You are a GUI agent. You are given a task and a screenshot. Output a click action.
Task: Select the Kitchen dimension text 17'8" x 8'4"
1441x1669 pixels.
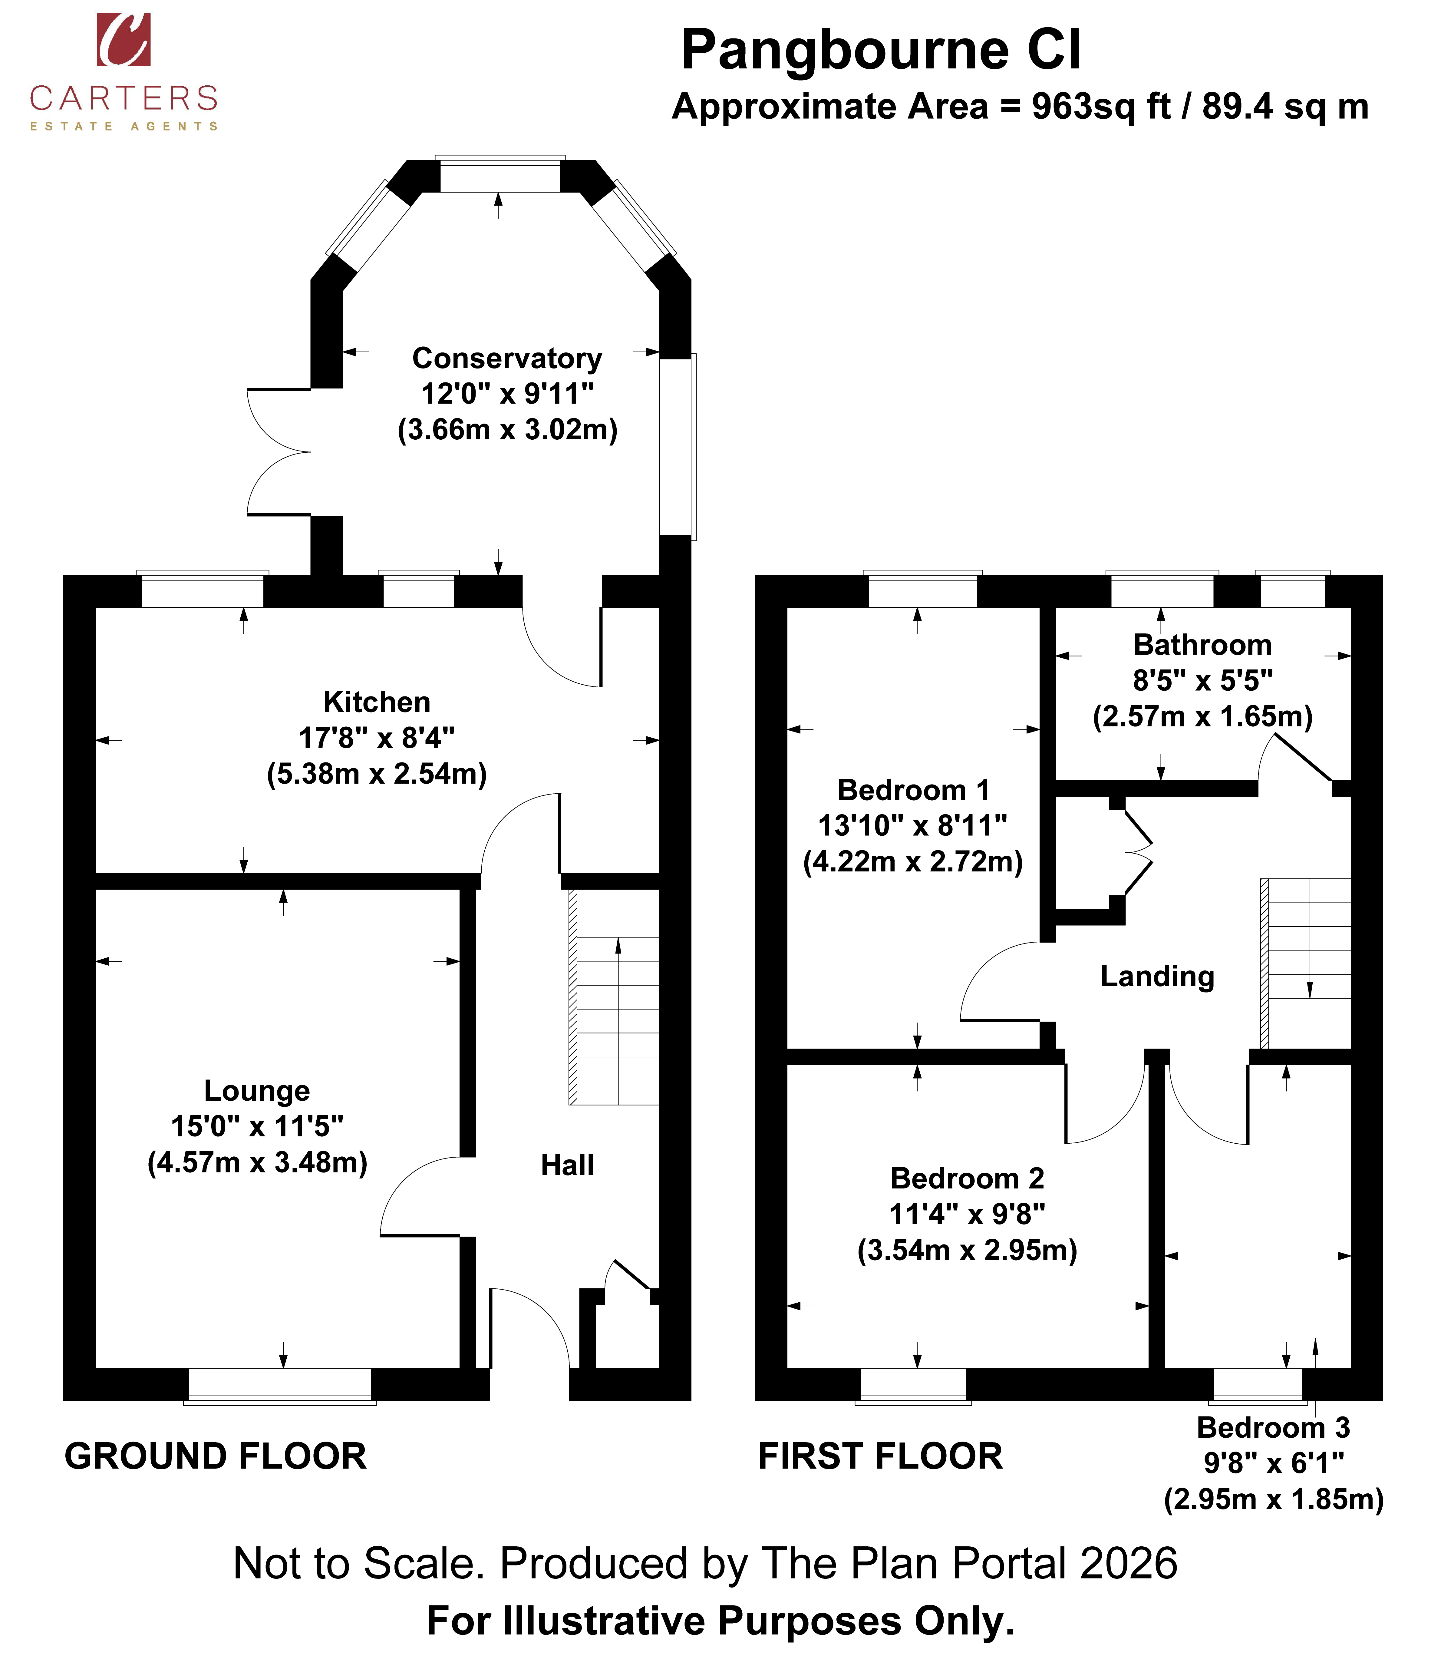click(377, 737)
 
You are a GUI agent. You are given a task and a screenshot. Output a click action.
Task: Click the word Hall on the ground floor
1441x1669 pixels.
click(567, 1165)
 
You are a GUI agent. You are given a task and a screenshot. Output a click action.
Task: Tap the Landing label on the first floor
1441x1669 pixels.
click(1157, 976)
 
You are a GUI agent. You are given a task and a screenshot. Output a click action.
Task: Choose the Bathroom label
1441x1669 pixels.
click(1202, 644)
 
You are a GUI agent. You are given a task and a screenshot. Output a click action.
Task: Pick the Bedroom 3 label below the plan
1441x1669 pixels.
click(1274, 1427)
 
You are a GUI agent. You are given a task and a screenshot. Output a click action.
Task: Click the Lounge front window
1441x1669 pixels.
click(279, 1385)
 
